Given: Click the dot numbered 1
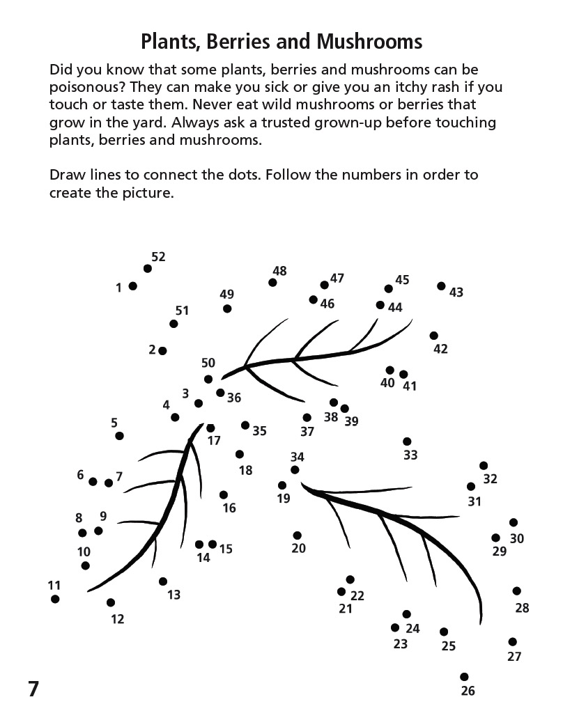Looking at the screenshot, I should click(132, 286).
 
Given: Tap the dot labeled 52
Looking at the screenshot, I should click(148, 269).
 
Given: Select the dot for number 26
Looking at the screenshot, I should click(464, 677).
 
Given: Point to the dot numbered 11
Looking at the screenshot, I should click(55, 599).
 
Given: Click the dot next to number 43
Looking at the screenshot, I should click(441, 286).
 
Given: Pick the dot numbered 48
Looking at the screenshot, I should click(272, 282).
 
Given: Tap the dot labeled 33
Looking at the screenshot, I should click(407, 441).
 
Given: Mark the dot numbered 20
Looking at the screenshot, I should click(298, 536).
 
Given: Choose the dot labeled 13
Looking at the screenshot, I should click(163, 581).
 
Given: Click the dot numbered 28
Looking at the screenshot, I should click(517, 591).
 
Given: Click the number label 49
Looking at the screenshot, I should click(226, 295).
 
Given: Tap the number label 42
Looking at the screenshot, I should click(440, 349).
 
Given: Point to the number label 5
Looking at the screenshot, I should click(114, 423).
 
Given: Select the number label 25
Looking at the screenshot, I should click(448, 646).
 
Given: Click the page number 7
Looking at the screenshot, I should click(33, 689).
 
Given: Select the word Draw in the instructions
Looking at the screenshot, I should click(68, 174).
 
